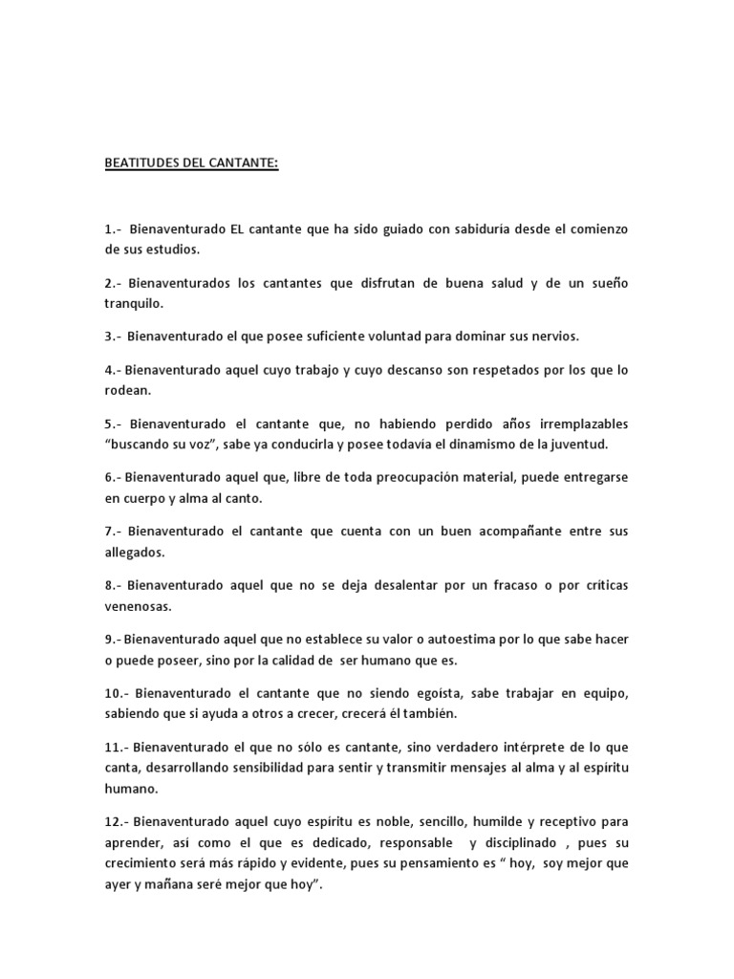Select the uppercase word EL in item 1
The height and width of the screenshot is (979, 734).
(240, 230)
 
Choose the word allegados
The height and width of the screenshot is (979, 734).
(135, 553)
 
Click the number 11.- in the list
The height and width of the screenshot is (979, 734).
(118, 746)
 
